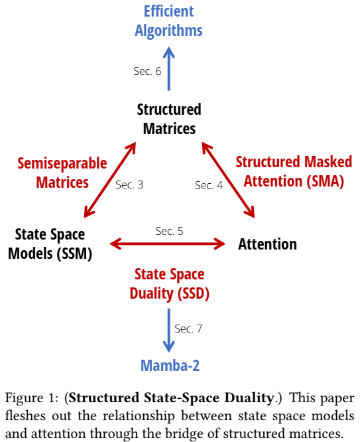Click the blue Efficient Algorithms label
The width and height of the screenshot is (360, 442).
pos(168,21)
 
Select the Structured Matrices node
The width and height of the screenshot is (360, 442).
pos(169,118)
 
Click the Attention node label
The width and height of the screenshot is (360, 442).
pos(267,244)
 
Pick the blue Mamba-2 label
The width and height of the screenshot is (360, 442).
pos(170,365)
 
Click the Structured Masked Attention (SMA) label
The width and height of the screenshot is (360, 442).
pos(294,171)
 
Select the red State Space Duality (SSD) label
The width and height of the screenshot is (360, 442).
pos(169,283)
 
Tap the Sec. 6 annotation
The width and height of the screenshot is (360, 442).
pos(147,70)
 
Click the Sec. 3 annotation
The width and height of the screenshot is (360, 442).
pos(129,185)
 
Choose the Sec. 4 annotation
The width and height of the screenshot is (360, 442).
pos(209,185)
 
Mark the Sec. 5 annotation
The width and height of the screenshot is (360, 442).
pos(169,231)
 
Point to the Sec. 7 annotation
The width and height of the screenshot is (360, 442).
pos(188,329)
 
